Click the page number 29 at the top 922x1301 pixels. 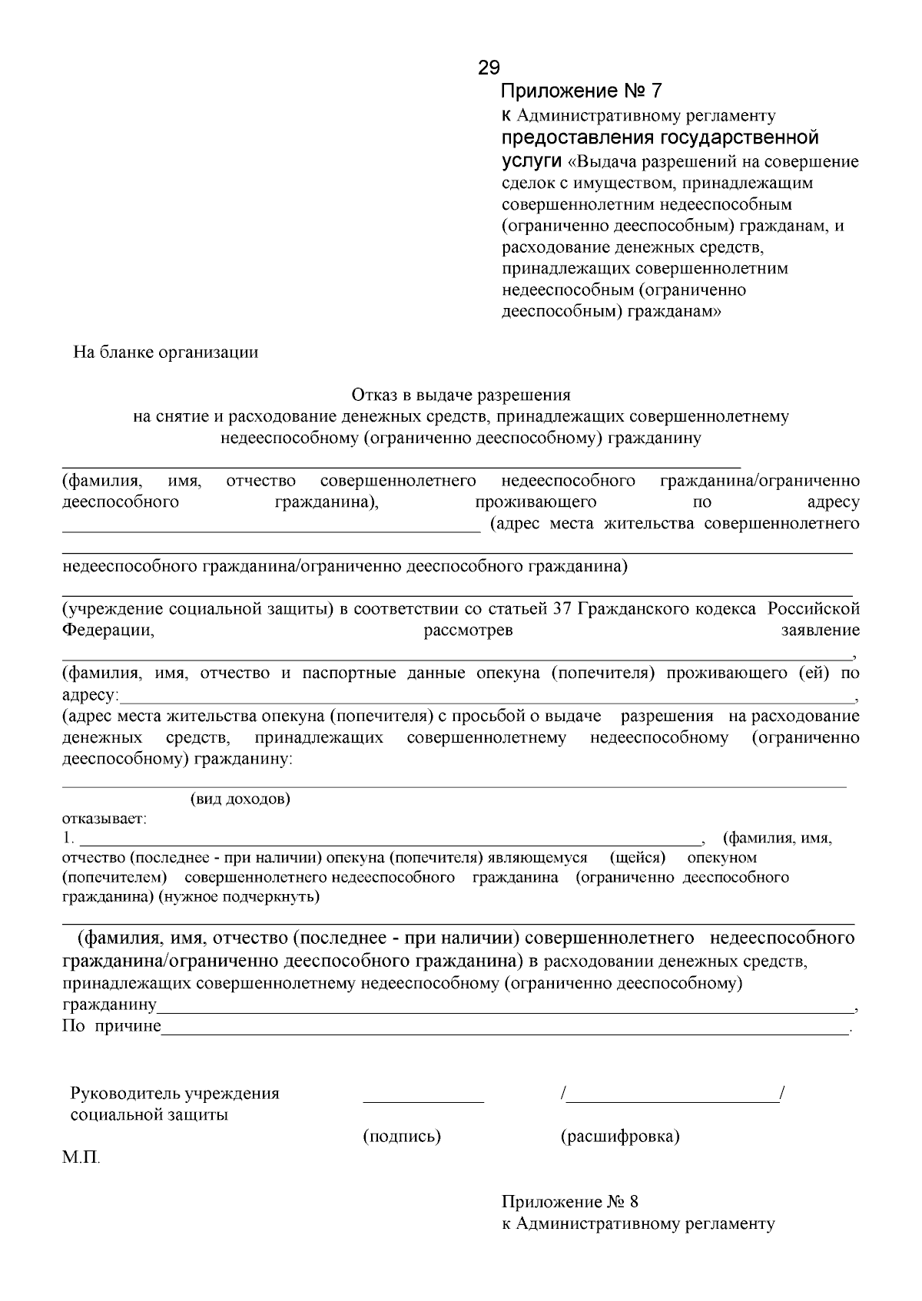click(x=489, y=68)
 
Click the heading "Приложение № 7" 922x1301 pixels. click(x=581, y=91)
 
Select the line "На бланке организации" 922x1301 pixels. click(x=165, y=353)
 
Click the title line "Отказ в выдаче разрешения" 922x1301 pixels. click(x=461, y=395)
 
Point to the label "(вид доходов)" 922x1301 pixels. click(x=240, y=799)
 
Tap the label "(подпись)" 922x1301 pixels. click(x=401, y=1136)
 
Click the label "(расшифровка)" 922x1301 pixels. click(x=620, y=1136)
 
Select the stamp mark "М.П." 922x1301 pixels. click(x=81, y=1157)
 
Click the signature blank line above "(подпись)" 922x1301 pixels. click(x=423, y=1101)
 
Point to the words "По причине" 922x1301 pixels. click(x=111, y=1026)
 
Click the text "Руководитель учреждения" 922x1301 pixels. click(x=174, y=1094)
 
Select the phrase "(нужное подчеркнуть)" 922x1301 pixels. click(x=239, y=896)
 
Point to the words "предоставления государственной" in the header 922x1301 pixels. click(x=660, y=138)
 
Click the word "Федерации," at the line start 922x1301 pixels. click(x=108, y=631)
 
